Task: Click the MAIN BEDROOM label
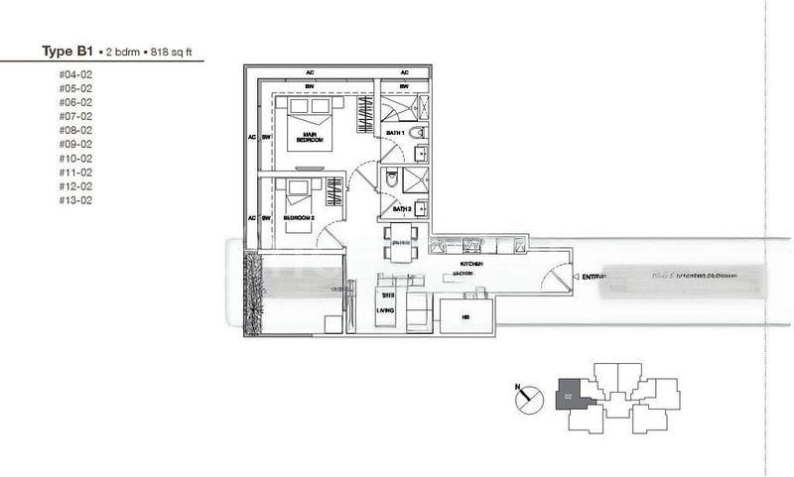(x=310, y=137)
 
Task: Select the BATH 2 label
(x=401, y=209)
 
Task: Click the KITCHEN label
(x=470, y=265)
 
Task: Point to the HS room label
(x=466, y=317)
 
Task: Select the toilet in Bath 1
(x=418, y=132)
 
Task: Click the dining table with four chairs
(x=401, y=240)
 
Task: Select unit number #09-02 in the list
(x=75, y=144)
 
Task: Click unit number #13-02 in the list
(x=75, y=199)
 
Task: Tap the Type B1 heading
(x=66, y=51)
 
